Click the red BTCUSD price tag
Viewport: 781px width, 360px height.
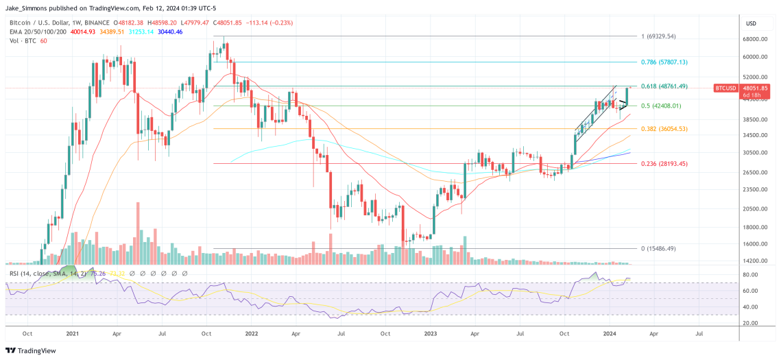point(725,88)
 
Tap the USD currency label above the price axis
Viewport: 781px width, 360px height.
point(751,23)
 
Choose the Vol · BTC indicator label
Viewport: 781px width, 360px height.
point(19,40)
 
